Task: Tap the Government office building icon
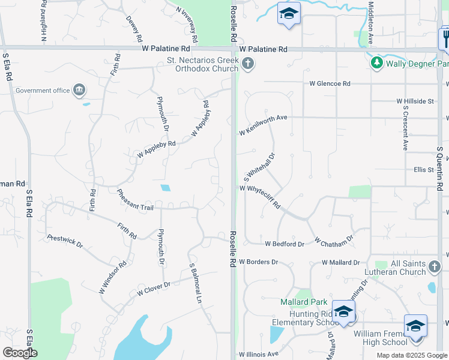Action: pos(79,91)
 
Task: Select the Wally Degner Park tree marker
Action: pos(376,63)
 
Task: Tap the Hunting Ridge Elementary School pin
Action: pos(343,312)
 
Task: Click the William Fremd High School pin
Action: pos(415,326)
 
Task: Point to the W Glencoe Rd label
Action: pos(330,84)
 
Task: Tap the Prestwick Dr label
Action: pos(65,241)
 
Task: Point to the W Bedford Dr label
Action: pos(284,244)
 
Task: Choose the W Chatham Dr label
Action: pos(334,242)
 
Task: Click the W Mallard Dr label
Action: pos(340,262)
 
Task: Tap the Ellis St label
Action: pos(424,170)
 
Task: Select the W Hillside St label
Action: pos(415,102)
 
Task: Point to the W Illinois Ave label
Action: pos(259,355)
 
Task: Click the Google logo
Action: pos(20,353)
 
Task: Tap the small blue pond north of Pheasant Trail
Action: pos(165,188)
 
